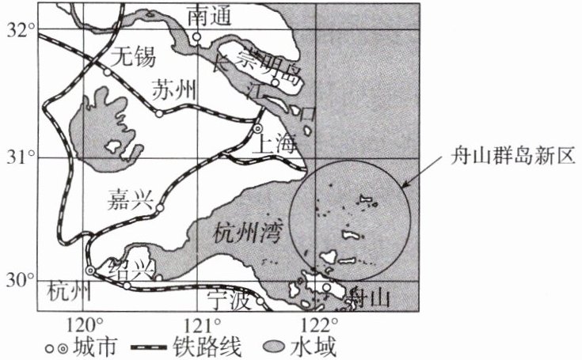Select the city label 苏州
tap(173, 89)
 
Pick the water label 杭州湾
tap(246, 233)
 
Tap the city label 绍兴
tap(131, 267)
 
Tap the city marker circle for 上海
tap(257, 128)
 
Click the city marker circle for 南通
tap(196, 37)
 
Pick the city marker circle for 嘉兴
tap(159, 208)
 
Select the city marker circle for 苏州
tap(159, 113)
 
